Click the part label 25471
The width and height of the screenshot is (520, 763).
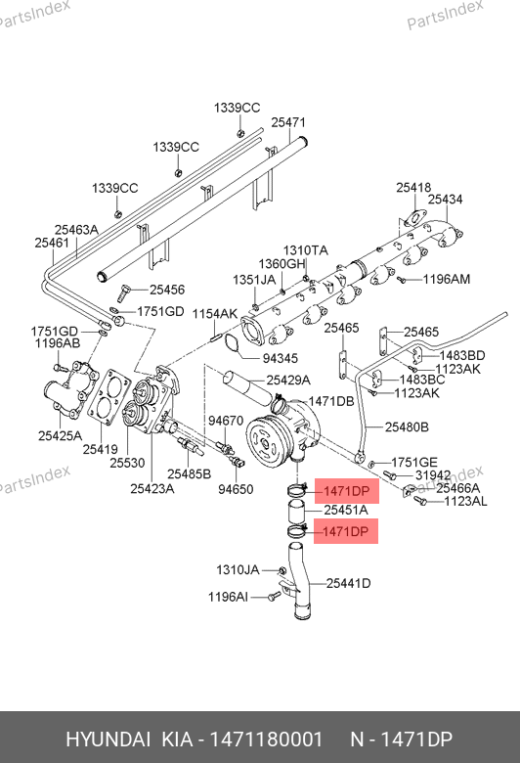pos(288,122)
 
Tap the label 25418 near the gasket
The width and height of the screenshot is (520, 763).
pos(413,188)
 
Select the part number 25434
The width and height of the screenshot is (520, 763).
pos(445,199)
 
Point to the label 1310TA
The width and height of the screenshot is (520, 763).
pos(306,250)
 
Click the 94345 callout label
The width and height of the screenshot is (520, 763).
pos(281,358)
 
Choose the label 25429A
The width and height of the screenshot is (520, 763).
pos(288,381)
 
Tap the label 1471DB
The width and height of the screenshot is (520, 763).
pos(331,401)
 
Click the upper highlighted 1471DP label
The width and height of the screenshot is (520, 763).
pos(346,490)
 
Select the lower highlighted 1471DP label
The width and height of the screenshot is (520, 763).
pos(346,531)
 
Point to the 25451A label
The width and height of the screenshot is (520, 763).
pos(346,510)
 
